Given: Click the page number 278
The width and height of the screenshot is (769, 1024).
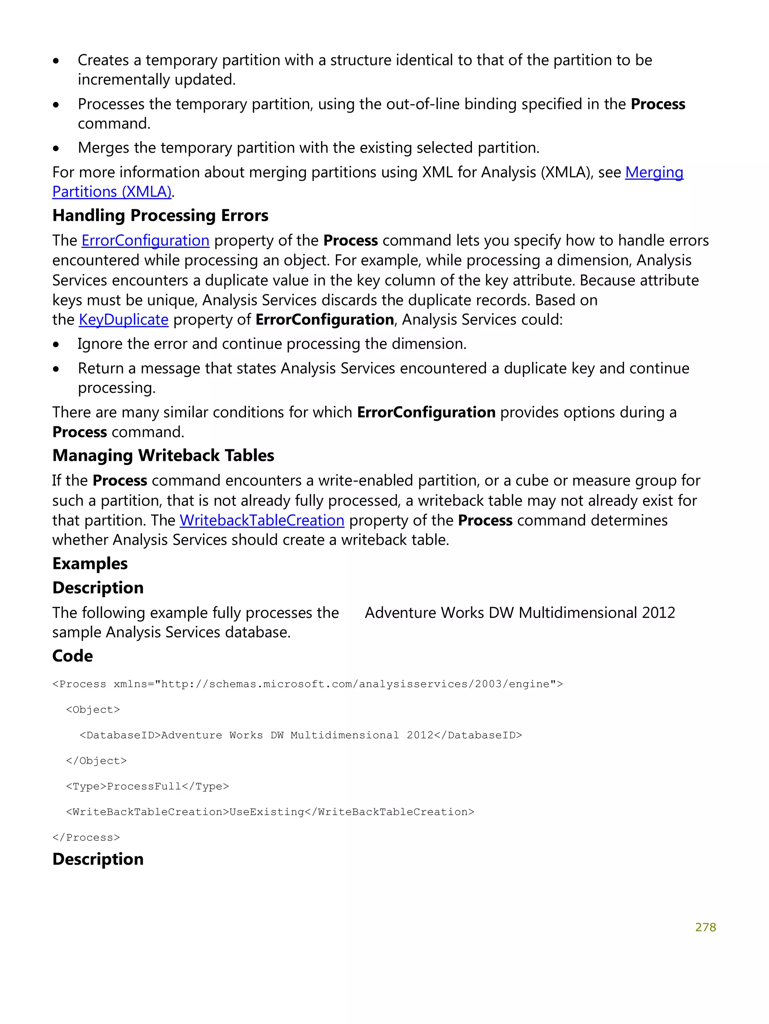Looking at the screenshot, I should coord(705,927).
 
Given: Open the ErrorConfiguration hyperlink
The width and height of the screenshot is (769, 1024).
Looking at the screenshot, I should coord(145,241).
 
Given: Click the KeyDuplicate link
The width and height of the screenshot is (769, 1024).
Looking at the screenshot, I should coord(124,320).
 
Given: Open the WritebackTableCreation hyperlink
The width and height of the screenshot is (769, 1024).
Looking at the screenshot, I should coord(262,520).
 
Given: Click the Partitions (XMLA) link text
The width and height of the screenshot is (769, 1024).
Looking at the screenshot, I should coord(112,192).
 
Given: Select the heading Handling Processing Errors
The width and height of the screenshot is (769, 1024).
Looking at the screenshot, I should coord(160,216).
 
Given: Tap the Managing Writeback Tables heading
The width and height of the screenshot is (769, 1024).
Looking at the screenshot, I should coord(163,456).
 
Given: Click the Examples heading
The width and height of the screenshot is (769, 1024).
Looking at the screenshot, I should coord(90,564).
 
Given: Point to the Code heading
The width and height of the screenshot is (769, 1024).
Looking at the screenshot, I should coord(72,656).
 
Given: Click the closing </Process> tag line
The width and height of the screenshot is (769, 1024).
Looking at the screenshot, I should coord(86,837).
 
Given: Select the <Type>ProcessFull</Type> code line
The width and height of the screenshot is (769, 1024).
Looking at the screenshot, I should coord(147,786).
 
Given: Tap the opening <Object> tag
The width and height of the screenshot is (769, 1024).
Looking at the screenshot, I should coord(92,710).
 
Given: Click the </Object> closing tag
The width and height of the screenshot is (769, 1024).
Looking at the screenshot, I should coord(96,761).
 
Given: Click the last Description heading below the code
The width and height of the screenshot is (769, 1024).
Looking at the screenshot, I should coord(98,859).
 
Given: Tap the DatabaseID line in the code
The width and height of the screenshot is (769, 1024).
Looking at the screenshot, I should coord(300,735).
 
